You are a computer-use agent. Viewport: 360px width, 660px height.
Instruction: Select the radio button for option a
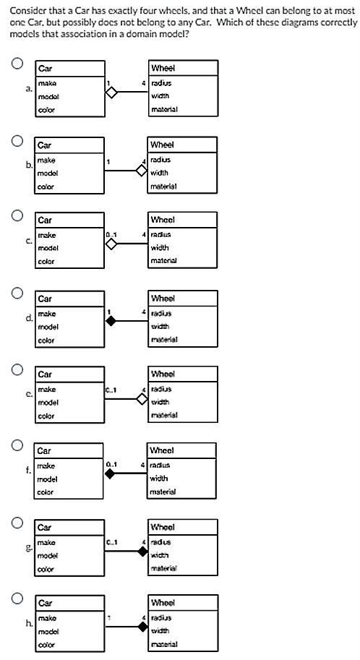tap(14, 64)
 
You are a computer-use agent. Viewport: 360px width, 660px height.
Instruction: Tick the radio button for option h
tap(14, 596)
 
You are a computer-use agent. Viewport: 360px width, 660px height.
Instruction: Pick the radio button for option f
tap(14, 444)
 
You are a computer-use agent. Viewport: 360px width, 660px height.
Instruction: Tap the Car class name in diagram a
tap(45, 69)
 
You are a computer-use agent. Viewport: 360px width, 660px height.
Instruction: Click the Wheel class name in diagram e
tap(163, 374)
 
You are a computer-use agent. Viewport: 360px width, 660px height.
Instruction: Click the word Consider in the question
tap(26, 9)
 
